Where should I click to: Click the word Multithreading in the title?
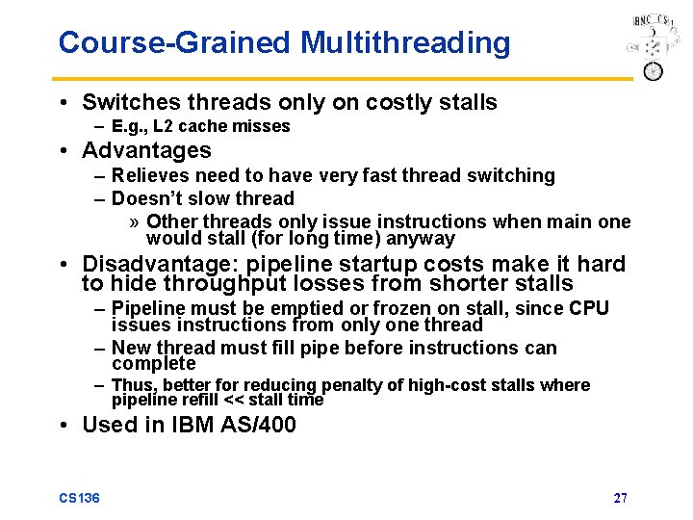[x=405, y=43]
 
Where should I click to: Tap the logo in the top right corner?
[x=650, y=47]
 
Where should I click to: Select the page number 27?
[x=621, y=498]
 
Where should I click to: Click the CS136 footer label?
[x=79, y=498]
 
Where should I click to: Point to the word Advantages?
[x=146, y=151]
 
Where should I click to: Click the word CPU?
[x=589, y=309]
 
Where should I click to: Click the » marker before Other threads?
[x=135, y=222]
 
